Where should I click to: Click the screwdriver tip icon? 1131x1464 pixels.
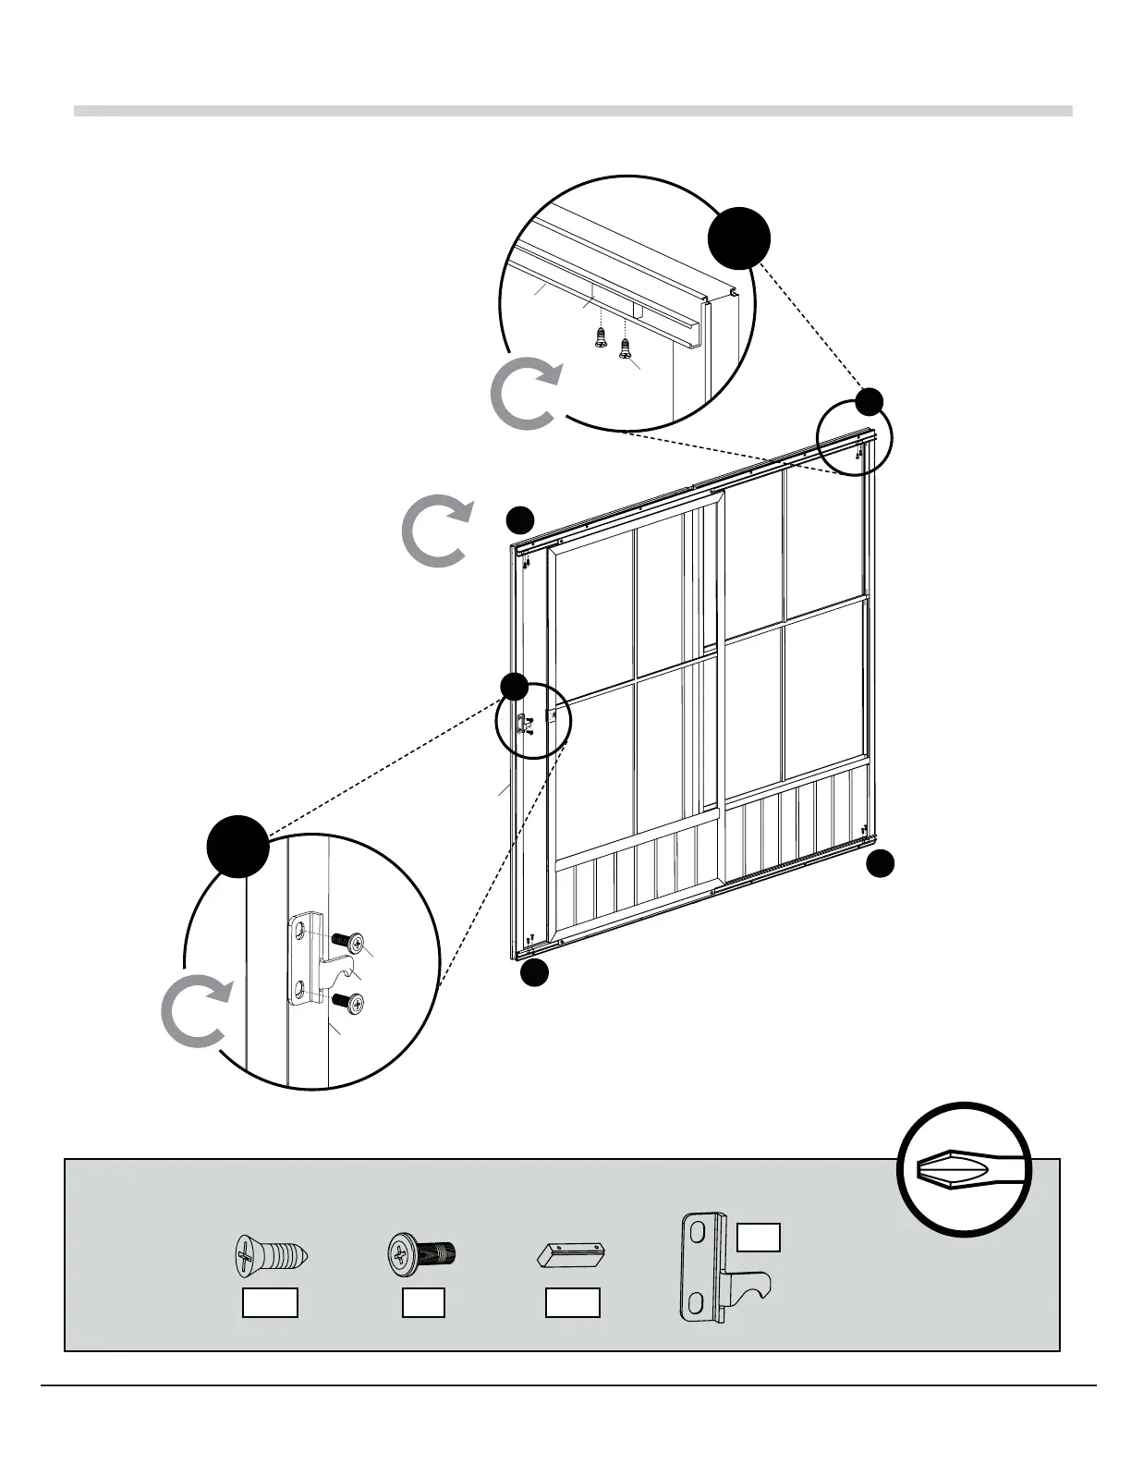[x=964, y=1169]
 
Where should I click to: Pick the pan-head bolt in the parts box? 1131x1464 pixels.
[x=423, y=1255]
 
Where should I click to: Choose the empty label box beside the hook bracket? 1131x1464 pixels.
[x=759, y=1237]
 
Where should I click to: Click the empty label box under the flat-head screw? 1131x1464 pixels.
[x=270, y=1302]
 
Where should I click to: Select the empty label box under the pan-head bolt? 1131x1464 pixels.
[x=423, y=1302]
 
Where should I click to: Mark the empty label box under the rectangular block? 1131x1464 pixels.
[x=572, y=1302]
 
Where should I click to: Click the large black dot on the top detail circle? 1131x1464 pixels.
[x=739, y=238]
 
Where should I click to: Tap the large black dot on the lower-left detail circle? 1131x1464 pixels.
[x=237, y=847]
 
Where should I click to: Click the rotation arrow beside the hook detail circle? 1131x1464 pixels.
[x=194, y=1011]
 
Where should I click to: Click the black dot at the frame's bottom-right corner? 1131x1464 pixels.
[x=880, y=863]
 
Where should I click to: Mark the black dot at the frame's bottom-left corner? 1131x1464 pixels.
[x=534, y=972]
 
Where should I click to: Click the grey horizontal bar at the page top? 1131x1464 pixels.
[x=573, y=111]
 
